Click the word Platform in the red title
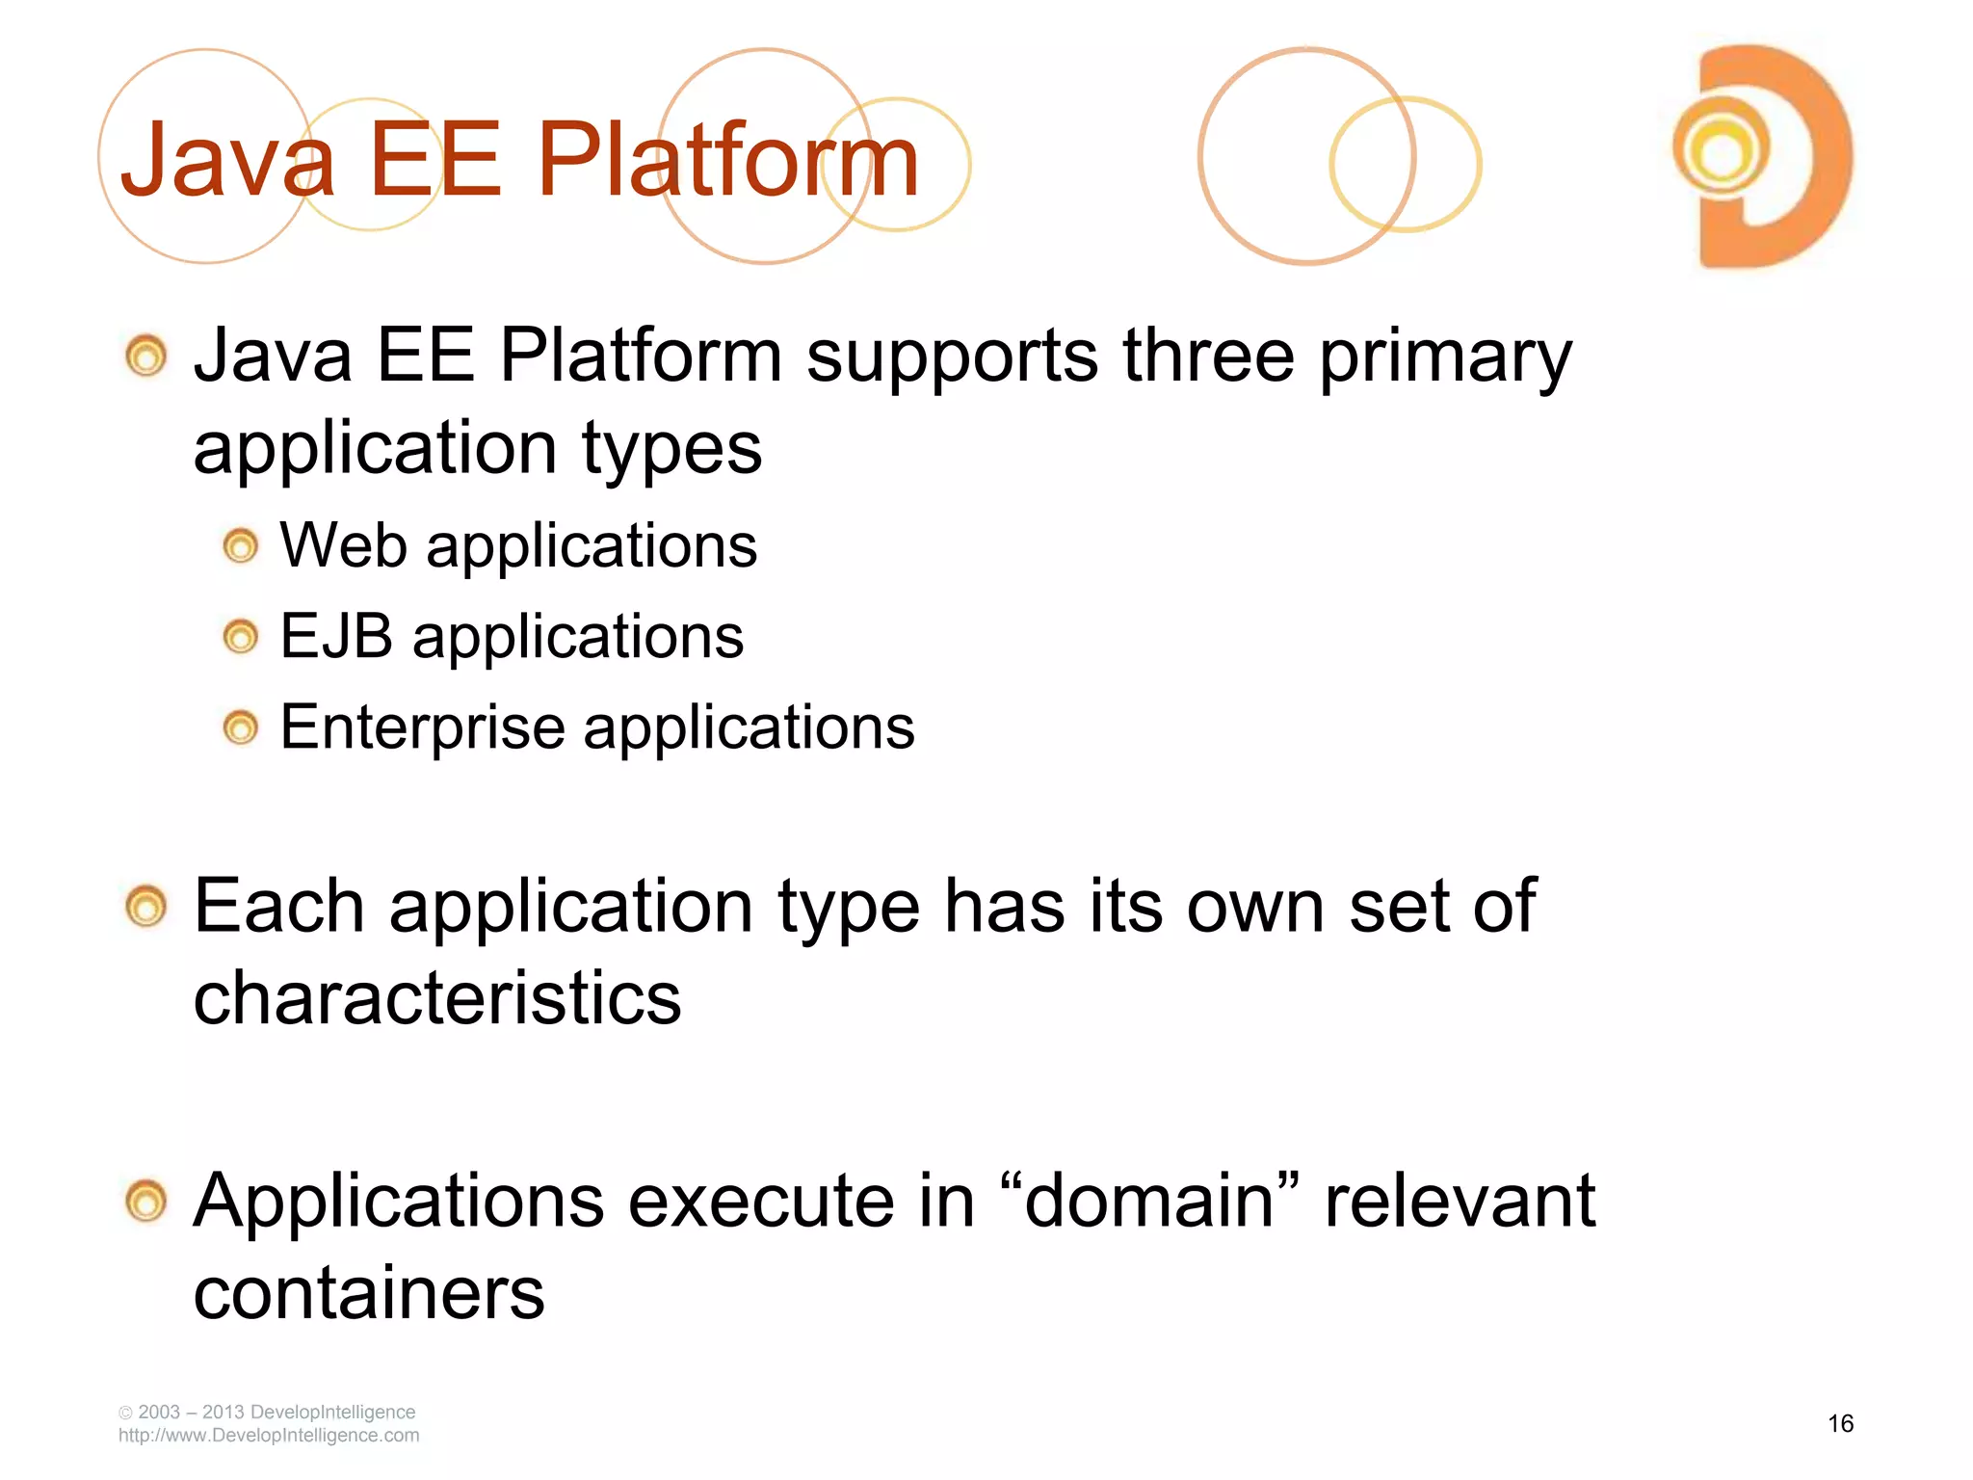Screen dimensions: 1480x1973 tap(727, 160)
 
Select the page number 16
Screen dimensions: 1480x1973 tap(1840, 1423)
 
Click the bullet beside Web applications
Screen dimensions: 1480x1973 tap(240, 547)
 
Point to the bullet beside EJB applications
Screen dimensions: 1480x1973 tap(240, 637)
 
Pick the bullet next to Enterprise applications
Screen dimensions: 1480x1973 tap(240, 727)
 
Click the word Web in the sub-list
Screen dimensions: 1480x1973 tap(343, 545)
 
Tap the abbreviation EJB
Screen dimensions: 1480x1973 tap(336, 636)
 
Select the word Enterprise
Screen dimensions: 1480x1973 tap(422, 727)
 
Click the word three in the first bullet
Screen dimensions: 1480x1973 tap(1208, 357)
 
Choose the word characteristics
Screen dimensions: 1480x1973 tap(437, 997)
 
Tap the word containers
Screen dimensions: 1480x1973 tap(369, 1293)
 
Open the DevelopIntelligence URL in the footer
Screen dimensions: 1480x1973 tap(269, 1436)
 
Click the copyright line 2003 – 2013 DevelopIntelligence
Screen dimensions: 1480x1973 tap(267, 1412)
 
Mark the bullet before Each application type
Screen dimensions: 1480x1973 tap(146, 907)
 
